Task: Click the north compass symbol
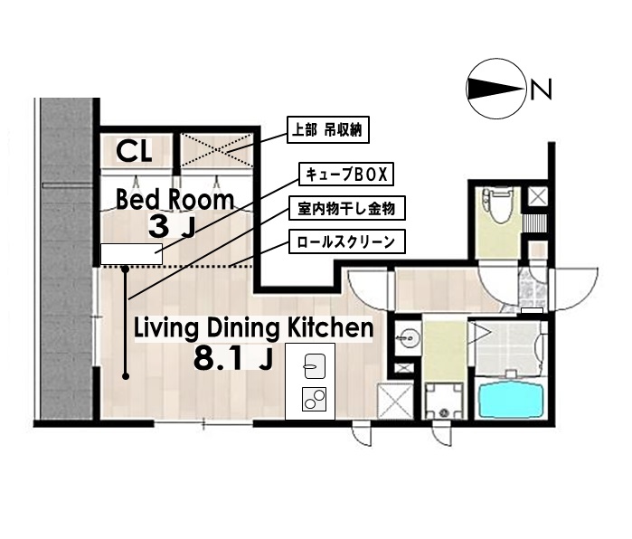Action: (495, 89)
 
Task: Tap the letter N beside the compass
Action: (541, 89)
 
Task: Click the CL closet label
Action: (134, 147)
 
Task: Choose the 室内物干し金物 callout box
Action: (346, 208)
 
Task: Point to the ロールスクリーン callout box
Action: (346, 241)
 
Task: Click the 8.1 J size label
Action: (233, 360)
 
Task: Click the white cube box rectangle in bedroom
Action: (131, 255)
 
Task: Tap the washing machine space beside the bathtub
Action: (444, 399)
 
